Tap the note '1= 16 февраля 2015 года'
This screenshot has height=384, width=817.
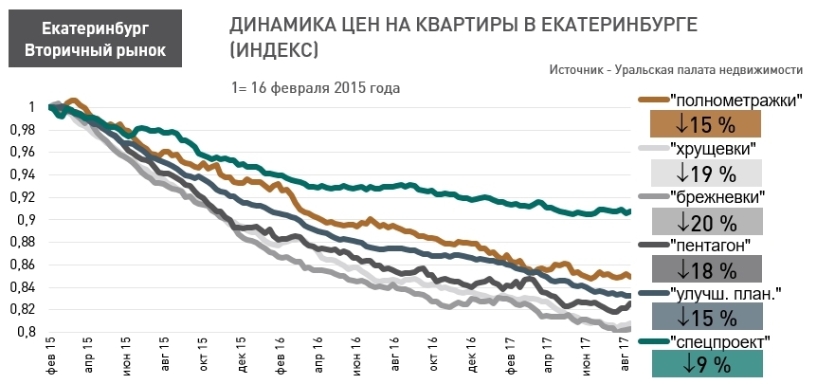coord(315,87)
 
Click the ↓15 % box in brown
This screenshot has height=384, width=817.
coord(706,124)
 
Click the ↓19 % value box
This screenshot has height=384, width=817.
coord(706,173)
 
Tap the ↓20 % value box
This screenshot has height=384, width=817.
coord(706,222)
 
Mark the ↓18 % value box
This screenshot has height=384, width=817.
coord(706,269)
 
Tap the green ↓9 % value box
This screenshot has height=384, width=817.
coord(706,364)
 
